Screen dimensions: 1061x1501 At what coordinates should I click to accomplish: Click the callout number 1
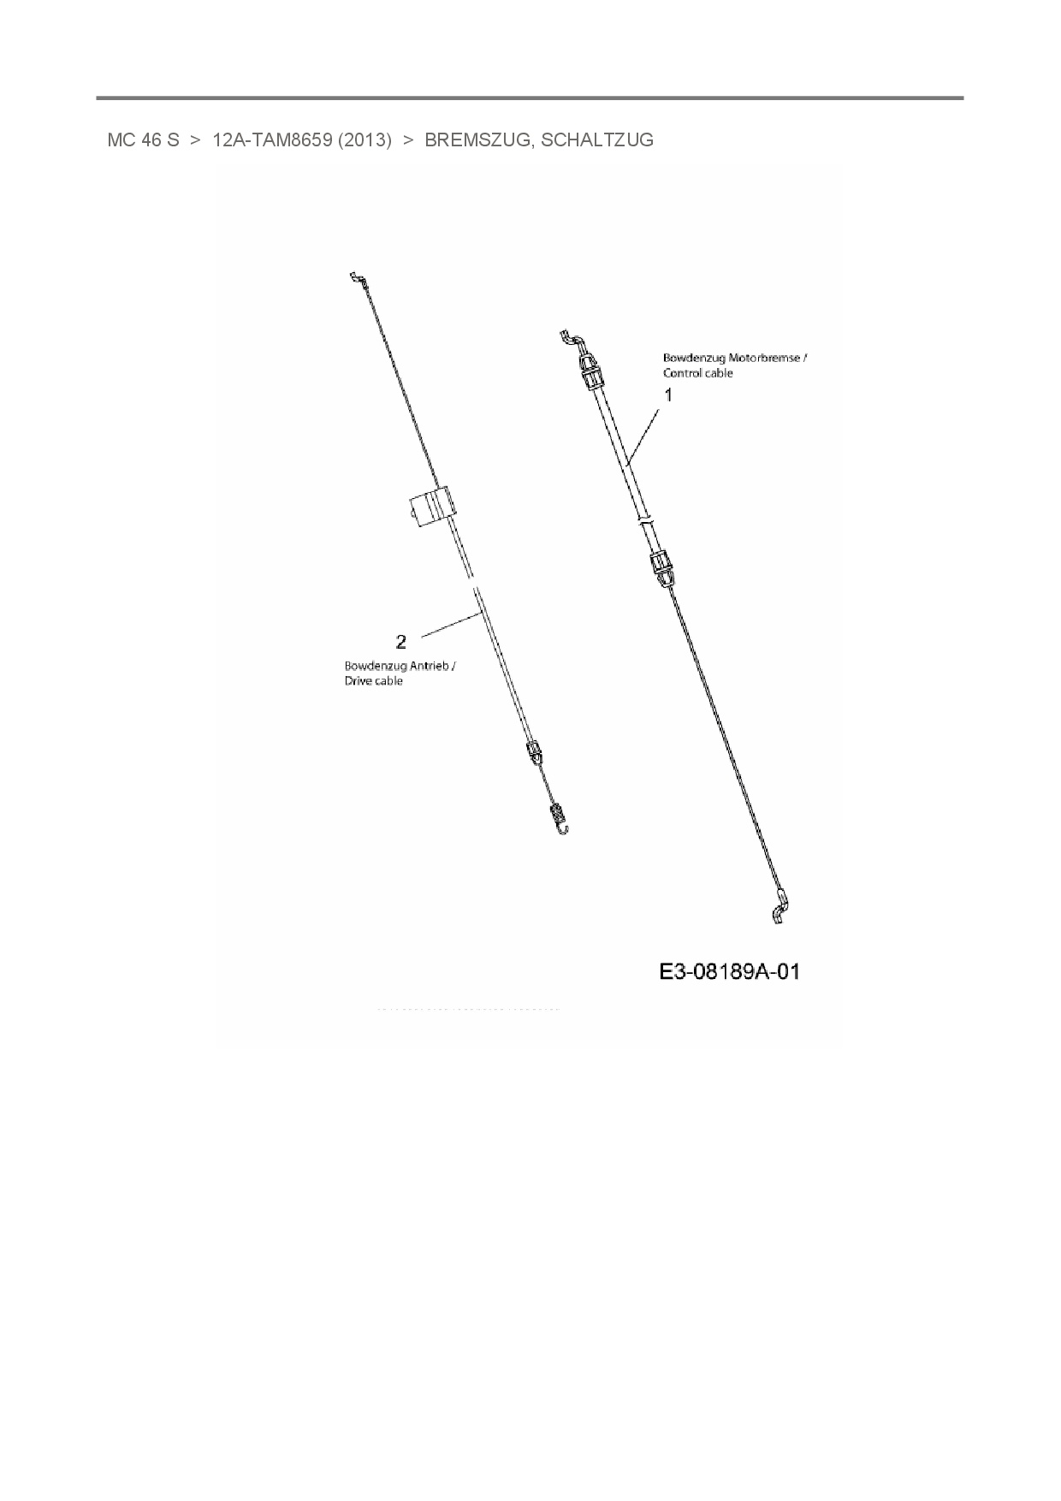pos(669,395)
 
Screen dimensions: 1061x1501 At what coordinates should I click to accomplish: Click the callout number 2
pos(400,641)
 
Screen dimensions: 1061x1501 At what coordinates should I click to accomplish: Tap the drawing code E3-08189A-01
pos(730,971)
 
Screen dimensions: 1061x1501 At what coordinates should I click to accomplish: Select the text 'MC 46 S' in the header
pos(143,140)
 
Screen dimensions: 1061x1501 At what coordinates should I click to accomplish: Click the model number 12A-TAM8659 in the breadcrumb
pos(272,140)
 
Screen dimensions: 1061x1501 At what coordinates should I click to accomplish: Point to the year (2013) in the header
pos(365,140)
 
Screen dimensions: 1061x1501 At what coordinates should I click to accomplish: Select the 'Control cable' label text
pos(698,373)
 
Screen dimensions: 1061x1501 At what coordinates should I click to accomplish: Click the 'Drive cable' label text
pos(373,681)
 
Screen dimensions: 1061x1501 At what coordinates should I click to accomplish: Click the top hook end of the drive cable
pos(357,278)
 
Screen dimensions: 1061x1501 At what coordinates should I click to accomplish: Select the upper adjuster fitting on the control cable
pos(590,374)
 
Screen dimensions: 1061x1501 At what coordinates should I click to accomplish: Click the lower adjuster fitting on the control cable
pos(660,566)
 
